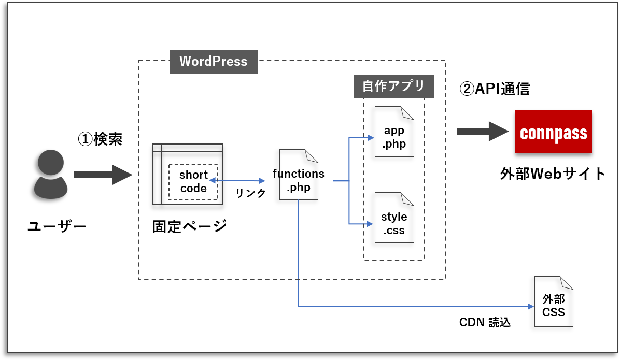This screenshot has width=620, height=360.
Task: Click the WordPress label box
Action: (x=214, y=61)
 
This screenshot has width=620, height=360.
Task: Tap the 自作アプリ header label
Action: (x=393, y=87)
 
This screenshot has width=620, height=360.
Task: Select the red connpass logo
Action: (x=553, y=132)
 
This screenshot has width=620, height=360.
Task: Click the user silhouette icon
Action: (x=50, y=174)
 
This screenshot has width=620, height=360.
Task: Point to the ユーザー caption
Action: (x=57, y=226)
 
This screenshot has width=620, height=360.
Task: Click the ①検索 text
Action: (x=100, y=139)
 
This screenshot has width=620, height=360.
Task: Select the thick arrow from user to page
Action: (x=103, y=175)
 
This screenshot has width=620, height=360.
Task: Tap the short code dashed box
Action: (x=193, y=182)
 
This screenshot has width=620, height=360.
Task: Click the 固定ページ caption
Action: (x=189, y=226)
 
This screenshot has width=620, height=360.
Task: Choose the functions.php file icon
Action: (x=299, y=175)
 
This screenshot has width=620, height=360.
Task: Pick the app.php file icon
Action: (x=394, y=132)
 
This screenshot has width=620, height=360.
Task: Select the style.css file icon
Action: (x=394, y=218)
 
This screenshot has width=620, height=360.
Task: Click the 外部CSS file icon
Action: (x=554, y=301)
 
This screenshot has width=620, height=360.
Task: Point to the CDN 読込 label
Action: (x=485, y=322)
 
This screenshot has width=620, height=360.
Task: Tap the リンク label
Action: (x=250, y=193)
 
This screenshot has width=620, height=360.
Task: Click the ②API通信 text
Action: (x=495, y=89)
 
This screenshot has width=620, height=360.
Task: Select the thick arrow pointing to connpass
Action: (x=482, y=132)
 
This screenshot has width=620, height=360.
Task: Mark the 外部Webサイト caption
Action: (x=553, y=174)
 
